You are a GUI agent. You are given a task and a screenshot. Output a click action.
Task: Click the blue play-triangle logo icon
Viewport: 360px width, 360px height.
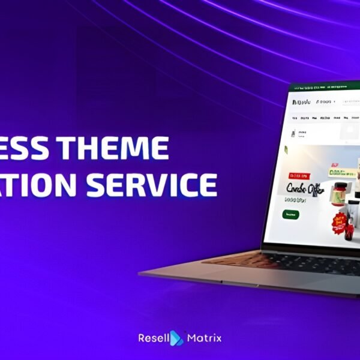pyautogui.click(x=176, y=338)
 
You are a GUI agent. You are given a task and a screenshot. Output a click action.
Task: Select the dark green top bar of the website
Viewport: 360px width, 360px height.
pyautogui.click(x=324, y=88)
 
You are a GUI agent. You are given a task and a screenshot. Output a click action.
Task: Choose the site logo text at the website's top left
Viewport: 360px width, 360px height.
pyautogui.click(x=302, y=102)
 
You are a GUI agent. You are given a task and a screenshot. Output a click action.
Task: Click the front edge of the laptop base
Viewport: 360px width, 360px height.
pyautogui.click(x=252, y=282)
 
